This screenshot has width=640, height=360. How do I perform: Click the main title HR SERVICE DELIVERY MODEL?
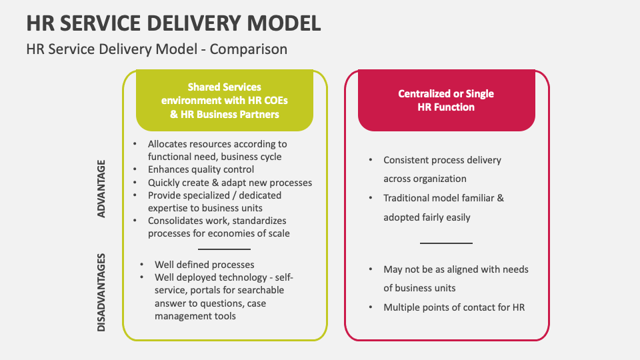(173, 23)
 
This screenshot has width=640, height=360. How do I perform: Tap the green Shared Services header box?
(224, 101)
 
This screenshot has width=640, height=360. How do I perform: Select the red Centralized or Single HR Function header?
(446, 100)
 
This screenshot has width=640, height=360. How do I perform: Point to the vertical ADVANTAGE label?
(102, 188)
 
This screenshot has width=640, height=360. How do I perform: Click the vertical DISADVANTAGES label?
(102, 292)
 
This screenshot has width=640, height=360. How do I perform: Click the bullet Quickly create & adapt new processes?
(229, 183)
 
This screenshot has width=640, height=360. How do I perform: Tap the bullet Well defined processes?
(204, 265)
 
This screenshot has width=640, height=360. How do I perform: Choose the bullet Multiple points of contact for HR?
(454, 307)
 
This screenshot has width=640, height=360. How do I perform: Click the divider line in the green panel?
(224, 249)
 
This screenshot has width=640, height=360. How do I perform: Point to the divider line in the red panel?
(446, 243)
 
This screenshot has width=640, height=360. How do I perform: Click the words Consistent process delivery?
(442, 160)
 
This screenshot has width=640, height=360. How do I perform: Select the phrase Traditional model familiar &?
(443, 198)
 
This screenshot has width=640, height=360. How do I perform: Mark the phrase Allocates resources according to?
(217, 144)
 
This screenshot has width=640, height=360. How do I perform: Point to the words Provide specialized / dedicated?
(215, 195)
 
